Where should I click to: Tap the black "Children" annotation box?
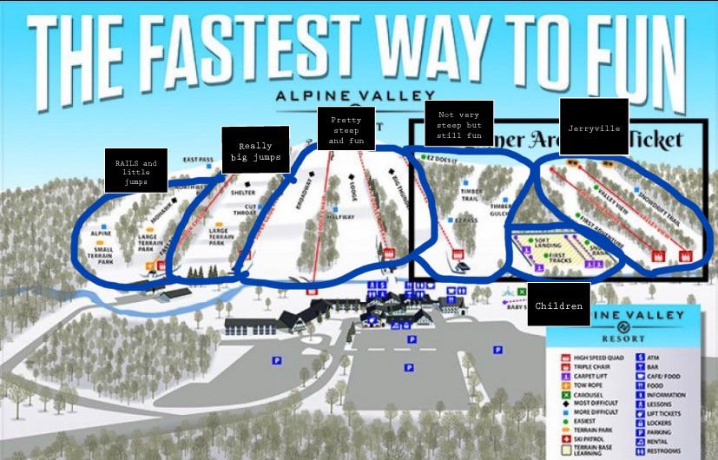[558, 305]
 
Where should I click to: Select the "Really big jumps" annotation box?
[251, 151]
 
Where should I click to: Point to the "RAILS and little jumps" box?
[136, 173]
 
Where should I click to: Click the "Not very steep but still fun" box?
[459, 124]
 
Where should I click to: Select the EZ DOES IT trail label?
[439, 159]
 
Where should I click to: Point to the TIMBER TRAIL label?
[471, 196]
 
